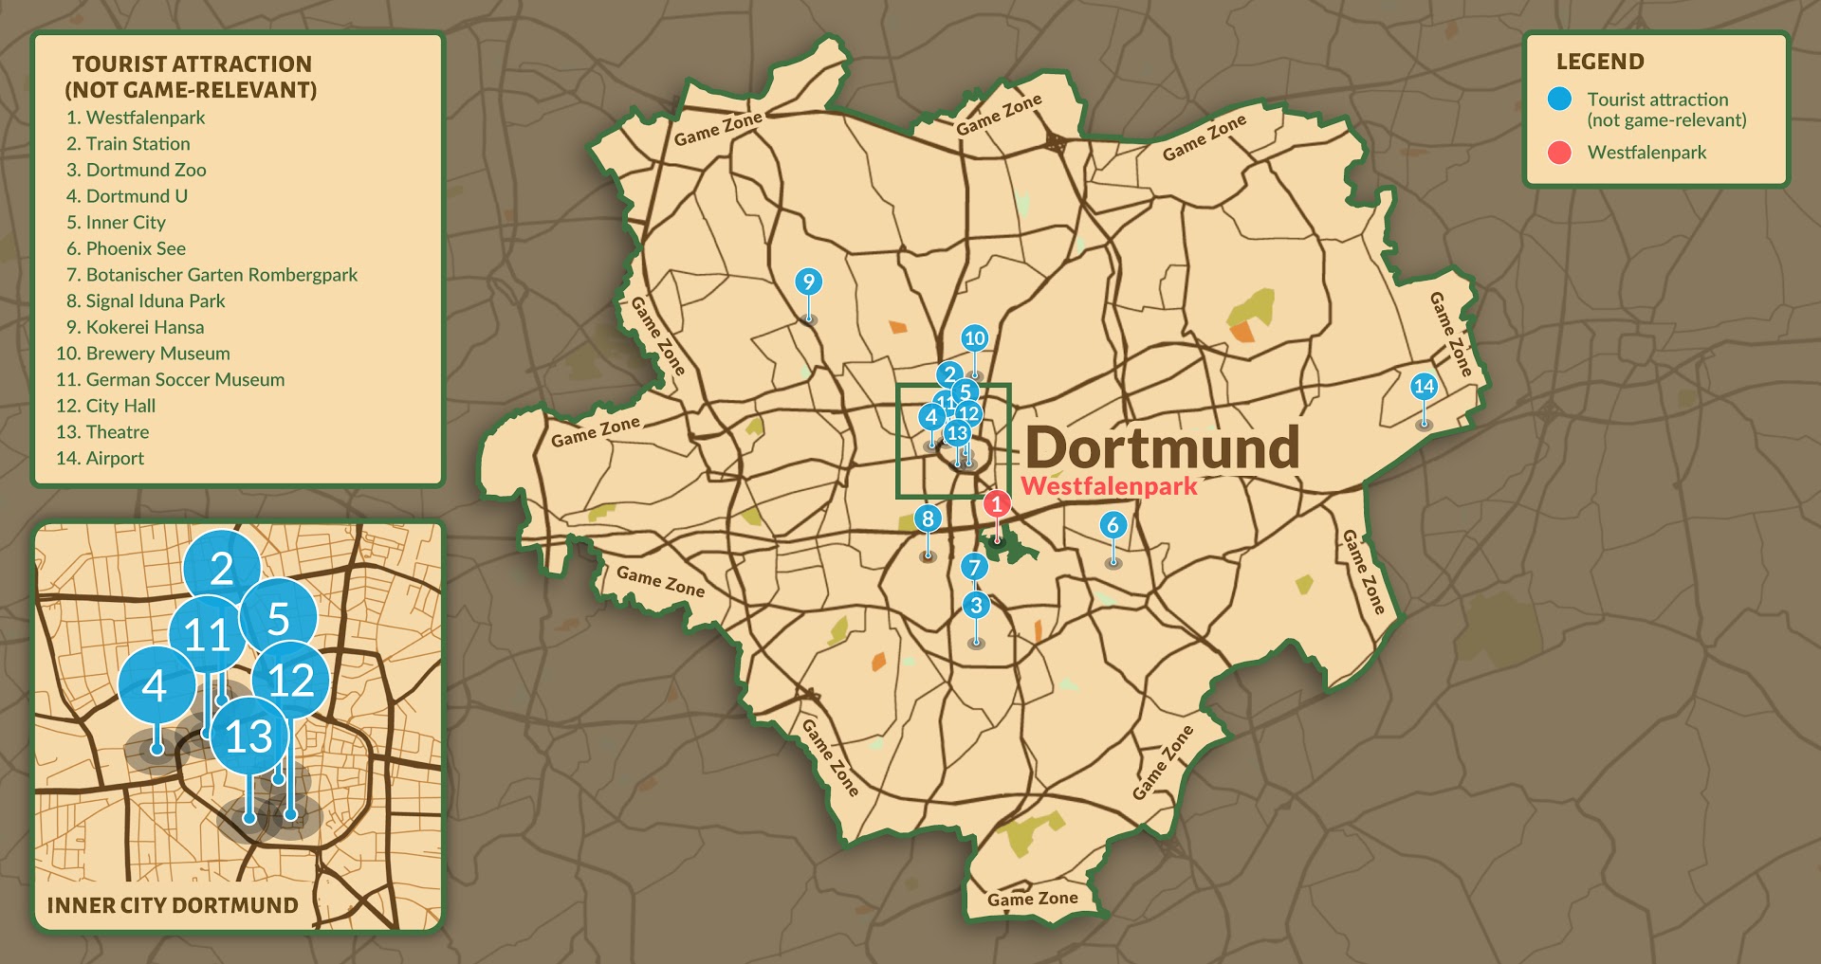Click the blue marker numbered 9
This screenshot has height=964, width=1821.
click(808, 282)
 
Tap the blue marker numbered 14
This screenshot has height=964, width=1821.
click(1424, 386)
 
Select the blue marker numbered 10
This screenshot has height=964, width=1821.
click(974, 337)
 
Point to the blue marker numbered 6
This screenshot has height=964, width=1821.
click(1113, 525)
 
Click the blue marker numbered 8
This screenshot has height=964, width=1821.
click(928, 518)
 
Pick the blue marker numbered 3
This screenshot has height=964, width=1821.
click(976, 605)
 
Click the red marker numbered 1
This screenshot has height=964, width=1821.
click(996, 504)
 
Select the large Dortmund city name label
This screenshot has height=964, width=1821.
click(1162, 447)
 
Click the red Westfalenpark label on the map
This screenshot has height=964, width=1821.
click(1109, 487)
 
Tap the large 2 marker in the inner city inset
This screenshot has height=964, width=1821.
click(221, 569)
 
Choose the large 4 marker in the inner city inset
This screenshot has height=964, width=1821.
click(156, 684)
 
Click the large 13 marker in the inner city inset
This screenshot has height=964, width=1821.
click(248, 737)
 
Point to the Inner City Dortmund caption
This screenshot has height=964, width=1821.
click(173, 905)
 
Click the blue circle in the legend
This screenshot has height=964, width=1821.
click(1559, 99)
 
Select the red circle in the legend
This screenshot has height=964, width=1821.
click(1559, 153)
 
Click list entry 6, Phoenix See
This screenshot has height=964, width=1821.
click(136, 248)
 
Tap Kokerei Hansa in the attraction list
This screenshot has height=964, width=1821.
click(144, 327)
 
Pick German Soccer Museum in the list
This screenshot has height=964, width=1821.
click(185, 379)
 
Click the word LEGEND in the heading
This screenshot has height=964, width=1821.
click(1600, 62)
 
